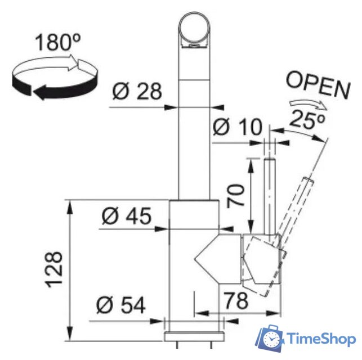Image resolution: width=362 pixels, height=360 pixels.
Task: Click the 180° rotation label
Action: click(x=58, y=42)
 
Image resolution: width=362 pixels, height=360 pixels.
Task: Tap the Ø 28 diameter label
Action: click(x=137, y=91)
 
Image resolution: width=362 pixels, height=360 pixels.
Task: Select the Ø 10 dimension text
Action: click(x=238, y=127)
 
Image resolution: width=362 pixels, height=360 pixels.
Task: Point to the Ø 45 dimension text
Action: click(x=127, y=215)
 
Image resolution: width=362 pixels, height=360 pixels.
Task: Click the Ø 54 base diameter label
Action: click(x=121, y=305)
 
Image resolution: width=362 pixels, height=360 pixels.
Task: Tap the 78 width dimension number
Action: click(x=236, y=300)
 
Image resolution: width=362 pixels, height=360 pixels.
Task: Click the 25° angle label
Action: click(x=306, y=119)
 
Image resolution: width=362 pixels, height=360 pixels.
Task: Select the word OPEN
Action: click(x=318, y=85)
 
